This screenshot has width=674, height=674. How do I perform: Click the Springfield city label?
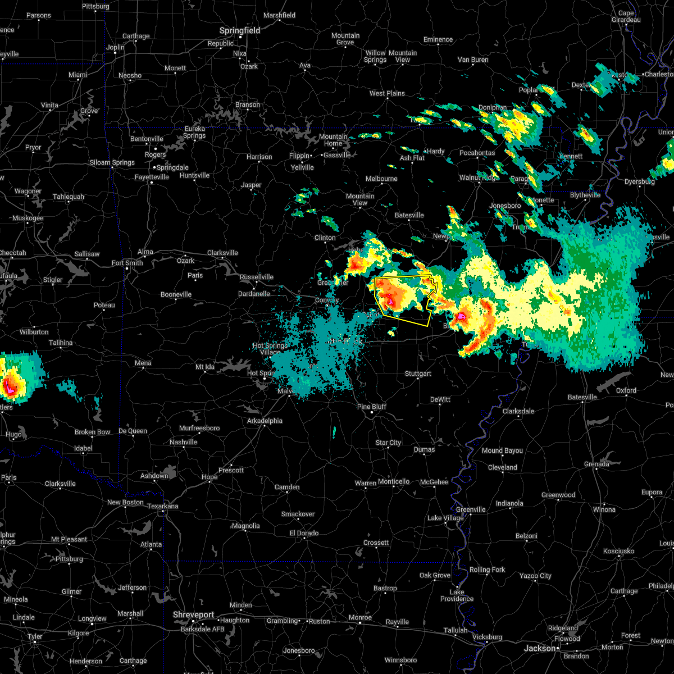tap(240, 31)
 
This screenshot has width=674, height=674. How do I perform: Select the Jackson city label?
tap(540, 648)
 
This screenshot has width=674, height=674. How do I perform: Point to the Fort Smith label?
tap(127, 263)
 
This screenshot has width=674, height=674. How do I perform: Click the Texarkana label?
tap(162, 506)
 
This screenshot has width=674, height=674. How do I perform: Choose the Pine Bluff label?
tap(372, 407)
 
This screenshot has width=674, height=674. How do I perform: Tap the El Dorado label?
tap(304, 533)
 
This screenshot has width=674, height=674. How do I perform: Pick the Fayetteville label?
tap(152, 177)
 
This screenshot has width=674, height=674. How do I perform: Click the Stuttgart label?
tap(418, 374)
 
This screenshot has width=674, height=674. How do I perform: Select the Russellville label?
tap(257, 277)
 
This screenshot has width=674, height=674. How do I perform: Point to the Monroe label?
tap(361, 617)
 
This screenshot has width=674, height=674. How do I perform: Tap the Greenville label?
tap(471, 509)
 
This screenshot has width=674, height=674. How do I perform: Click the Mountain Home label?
tap(333, 140)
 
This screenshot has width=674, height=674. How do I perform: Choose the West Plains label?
tap(387, 93)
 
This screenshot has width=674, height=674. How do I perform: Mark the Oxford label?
tap(626, 390)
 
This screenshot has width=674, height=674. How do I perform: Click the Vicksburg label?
tap(487, 637)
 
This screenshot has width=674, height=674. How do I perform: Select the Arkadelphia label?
tap(265, 421)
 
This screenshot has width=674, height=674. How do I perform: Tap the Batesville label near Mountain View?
tap(409, 215)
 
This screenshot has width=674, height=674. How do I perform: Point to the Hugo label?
tap(13, 434)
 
